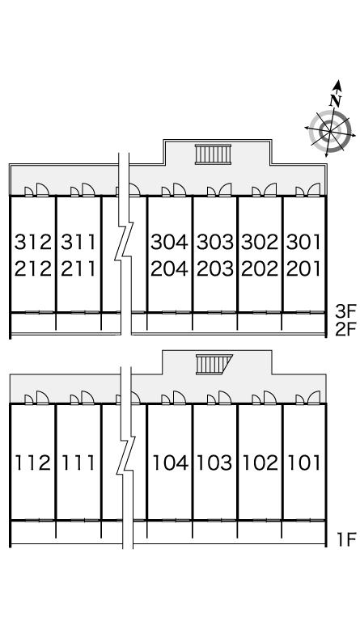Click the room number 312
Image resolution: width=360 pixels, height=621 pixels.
pyautogui.click(x=33, y=242)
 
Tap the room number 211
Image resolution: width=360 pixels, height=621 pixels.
pyautogui.click(x=78, y=269)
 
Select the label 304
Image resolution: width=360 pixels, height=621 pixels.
pyautogui.click(x=170, y=242)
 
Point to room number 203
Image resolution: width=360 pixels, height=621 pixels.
pyautogui.click(x=215, y=269)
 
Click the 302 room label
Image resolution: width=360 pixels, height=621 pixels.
pyautogui.click(x=260, y=242)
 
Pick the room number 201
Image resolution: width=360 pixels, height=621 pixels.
pyautogui.click(x=303, y=269)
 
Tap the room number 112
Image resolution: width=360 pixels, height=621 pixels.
pyautogui.click(x=33, y=463)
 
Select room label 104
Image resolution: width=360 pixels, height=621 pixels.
pyautogui.click(x=171, y=463)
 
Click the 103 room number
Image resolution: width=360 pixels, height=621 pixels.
pyautogui.click(x=214, y=463)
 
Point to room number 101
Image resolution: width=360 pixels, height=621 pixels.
pyautogui.click(x=303, y=463)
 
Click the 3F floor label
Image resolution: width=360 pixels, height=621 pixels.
pyautogui.click(x=346, y=312)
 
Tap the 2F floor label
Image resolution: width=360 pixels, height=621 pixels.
pyautogui.click(x=346, y=330)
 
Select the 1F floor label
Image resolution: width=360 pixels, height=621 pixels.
pyautogui.click(x=347, y=539)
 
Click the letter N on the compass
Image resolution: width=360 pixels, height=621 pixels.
pyautogui.click(x=336, y=100)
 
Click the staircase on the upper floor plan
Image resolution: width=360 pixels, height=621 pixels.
pyautogui.click(x=213, y=154)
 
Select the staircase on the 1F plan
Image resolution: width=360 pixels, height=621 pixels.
pyautogui.click(x=214, y=365)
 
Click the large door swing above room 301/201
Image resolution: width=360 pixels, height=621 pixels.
pyautogui.click(x=314, y=190)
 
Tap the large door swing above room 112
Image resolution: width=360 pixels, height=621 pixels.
pyautogui.click(x=42, y=398)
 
